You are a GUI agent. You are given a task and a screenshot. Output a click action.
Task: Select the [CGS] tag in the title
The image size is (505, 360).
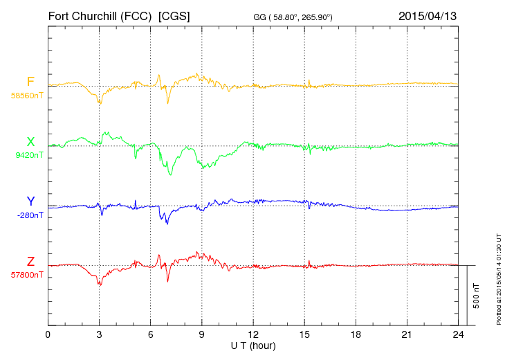[x=174, y=15]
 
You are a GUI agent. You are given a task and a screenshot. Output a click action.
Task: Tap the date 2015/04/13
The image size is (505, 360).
[x=427, y=15]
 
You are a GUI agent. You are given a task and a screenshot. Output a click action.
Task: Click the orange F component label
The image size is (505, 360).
[x=30, y=82]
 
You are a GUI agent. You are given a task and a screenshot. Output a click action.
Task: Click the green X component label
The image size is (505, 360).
[x=30, y=142]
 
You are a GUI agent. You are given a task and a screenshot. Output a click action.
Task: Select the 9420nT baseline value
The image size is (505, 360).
[x=29, y=155]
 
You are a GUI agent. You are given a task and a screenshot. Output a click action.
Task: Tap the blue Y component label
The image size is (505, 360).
[x=30, y=201]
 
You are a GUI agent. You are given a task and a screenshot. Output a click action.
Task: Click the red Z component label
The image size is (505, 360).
[x=30, y=261]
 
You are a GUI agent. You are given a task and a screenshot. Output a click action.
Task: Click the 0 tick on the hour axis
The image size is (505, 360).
[x=48, y=335]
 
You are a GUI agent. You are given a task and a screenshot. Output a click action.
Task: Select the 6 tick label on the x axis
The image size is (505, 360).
[x=150, y=335]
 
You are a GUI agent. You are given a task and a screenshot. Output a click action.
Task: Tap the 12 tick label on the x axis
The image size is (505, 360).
[x=253, y=335]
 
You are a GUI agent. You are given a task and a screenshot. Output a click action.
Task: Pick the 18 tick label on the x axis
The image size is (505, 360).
[x=356, y=335]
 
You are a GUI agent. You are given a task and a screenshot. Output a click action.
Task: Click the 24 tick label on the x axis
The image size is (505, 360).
[x=458, y=335]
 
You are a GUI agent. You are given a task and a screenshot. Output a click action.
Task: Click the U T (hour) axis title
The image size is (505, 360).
[x=253, y=345]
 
